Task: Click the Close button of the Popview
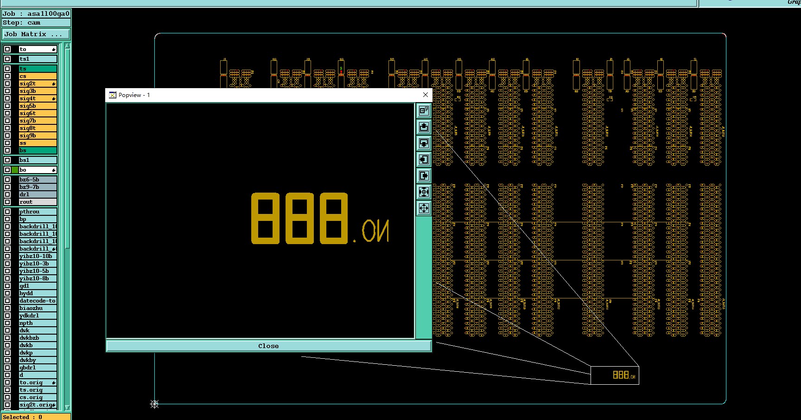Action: (268, 346)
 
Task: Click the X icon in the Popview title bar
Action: (426, 95)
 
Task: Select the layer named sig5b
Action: (37, 106)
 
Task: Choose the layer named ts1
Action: (37, 59)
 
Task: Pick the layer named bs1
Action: (37, 160)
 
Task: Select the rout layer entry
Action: (37, 202)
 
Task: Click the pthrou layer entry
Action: (37, 212)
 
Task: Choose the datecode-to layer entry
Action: (37, 301)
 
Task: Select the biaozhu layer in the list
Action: (37, 308)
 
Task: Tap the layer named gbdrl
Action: (37, 368)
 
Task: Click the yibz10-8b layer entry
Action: (37, 278)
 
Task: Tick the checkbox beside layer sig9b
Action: (7, 136)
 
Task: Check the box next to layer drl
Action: (7, 194)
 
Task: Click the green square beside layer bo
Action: (15, 170)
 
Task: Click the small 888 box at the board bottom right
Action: (615, 375)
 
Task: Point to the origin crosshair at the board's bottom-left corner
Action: (155, 404)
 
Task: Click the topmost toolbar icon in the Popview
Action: (424, 110)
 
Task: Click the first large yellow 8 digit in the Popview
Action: (265, 218)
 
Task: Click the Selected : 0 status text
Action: (23, 417)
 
